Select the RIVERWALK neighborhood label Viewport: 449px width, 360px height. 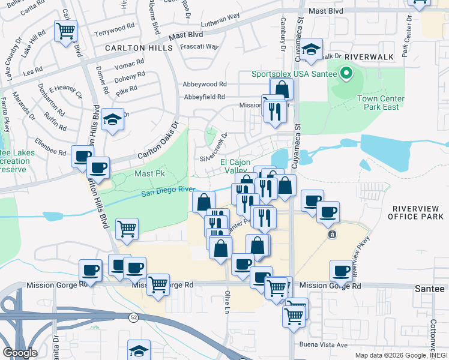(x=369, y=56)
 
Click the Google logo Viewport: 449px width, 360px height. (x=19, y=353)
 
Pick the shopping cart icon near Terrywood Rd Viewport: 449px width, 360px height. (x=65, y=31)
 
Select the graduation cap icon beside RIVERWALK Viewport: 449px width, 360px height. (x=312, y=50)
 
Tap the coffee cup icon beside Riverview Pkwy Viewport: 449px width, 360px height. (x=342, y=272)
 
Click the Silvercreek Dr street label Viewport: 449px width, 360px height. (x=215, y=148)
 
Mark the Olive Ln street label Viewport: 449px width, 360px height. (x=228, y=299)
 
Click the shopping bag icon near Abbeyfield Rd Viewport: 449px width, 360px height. (x=282, y=89)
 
